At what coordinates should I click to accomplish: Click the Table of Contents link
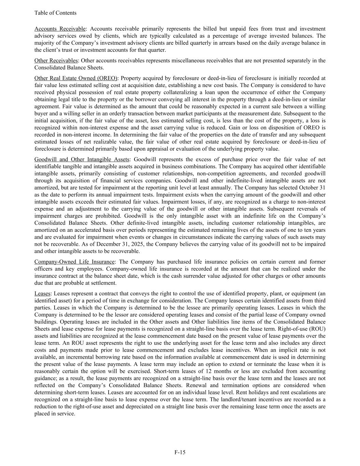[x=55, y=13]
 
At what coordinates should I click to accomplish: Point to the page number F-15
[x=180, y=452]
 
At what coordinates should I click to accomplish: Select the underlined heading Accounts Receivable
[x=60, y=29]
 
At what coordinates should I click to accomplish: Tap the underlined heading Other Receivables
[x=56, y=60]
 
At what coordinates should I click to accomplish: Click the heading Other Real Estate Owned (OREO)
[x=75, y=78]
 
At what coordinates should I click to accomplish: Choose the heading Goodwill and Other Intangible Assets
[x=82, y=159]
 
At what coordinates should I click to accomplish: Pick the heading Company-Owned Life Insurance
[x=74, y=262]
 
